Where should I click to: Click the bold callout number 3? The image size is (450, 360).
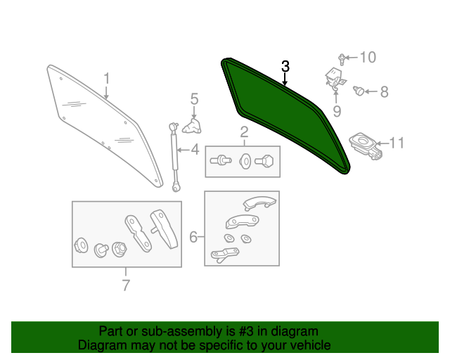tap(285, 66)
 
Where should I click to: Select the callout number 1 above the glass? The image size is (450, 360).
tap(106, 78)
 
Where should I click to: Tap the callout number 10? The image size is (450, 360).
tap(368, 58)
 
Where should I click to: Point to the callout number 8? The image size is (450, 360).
tap(385, 92)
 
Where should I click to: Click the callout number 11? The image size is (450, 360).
tap(397, 143)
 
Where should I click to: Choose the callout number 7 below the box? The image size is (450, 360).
tap(126, 285)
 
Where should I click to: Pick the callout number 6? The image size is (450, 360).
tap(193, 237)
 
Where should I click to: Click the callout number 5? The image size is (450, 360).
tap(194, 98)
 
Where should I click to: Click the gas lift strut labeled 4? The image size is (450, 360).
tap(174, 157)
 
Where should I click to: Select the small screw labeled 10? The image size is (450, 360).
tap(342, 60)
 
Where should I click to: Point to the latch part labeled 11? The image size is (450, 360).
tap(366, 146)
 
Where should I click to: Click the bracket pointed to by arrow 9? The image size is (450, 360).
tap(335, 77)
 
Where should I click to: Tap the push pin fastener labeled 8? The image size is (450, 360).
tap(359, 91)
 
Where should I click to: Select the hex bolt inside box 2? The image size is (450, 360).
tap(264, 161)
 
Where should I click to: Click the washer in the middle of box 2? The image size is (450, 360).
tap(245, 161)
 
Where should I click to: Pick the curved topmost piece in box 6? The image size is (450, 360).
tap(259, 203)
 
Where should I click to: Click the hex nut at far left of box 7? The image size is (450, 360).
tap(82, 245)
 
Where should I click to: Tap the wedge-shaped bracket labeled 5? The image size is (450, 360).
tap(192, 127)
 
